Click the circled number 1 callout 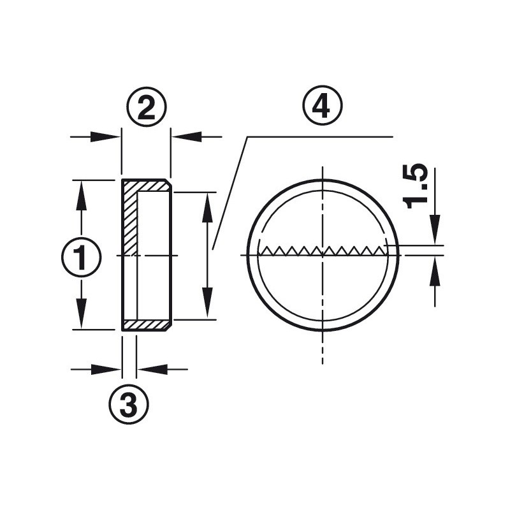tap(82, 257)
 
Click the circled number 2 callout tap(147, 106)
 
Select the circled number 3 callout tap(129, 404)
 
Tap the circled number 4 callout tap(323, 106)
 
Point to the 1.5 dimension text tap(415, 186)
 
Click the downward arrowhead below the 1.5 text tap(435, 229)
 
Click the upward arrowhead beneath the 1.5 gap tap(435, 271)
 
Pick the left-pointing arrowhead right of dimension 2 tap(187, 136)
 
